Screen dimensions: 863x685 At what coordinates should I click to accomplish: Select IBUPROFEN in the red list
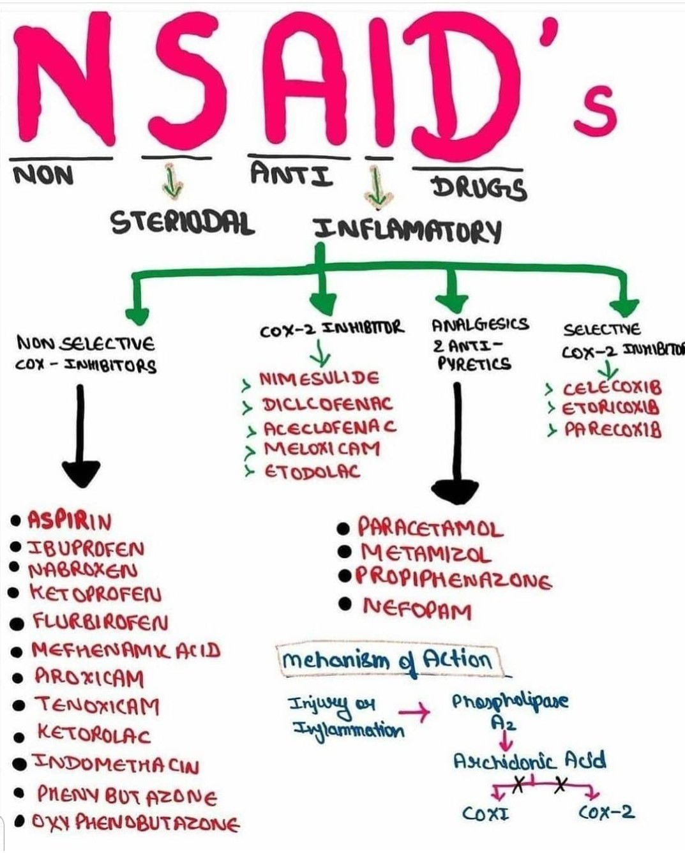coord(86,548)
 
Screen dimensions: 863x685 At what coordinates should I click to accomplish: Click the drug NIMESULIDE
coord(319,379)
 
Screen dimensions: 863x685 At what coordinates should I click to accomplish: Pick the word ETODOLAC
coord(312,472)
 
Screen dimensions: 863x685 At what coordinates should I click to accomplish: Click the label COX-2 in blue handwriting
coord(606,812)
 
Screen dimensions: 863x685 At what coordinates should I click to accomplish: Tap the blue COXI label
coord(485,813)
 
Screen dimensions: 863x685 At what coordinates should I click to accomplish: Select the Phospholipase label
coord(509,702)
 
